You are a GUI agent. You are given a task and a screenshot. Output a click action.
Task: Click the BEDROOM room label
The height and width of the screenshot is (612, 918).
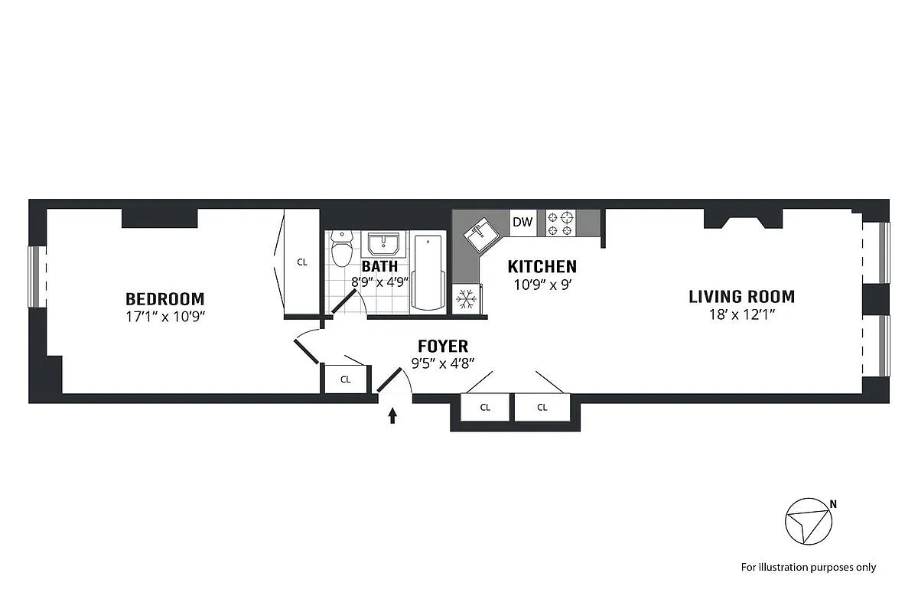coord(165,298)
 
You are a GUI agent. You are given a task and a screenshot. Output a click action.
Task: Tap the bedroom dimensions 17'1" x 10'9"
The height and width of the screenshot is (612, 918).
coord(165,315)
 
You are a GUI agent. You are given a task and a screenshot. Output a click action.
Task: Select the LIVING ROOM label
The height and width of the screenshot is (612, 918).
coord(741,296)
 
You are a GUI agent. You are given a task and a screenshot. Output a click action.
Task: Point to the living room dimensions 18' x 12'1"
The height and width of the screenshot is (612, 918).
coord(741,314)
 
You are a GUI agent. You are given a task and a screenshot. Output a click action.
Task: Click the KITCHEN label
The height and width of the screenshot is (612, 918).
coord(542,267)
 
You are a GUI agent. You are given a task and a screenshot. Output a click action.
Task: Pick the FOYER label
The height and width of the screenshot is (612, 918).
coord(443,347)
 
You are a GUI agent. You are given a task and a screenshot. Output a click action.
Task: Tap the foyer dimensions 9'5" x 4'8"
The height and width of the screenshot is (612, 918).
coord(443,363)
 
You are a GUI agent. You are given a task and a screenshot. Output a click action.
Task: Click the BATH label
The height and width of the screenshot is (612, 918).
coord(379,267)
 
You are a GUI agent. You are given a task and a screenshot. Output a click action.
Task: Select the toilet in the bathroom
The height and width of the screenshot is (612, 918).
coord(341,249)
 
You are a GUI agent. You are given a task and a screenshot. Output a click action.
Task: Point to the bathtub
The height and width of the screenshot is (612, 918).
coord(428,272)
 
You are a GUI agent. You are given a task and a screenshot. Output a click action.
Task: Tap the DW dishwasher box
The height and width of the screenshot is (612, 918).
coord(522,223)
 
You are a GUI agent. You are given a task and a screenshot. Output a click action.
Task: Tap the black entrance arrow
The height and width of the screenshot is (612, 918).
coord(393,415)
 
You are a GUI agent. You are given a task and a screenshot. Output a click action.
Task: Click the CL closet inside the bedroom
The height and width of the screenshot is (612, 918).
coord(302,262)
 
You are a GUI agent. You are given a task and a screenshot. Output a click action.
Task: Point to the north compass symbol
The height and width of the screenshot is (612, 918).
coord(809,522)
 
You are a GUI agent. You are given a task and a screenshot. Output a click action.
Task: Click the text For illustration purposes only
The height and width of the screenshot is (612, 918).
coord(809,567)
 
